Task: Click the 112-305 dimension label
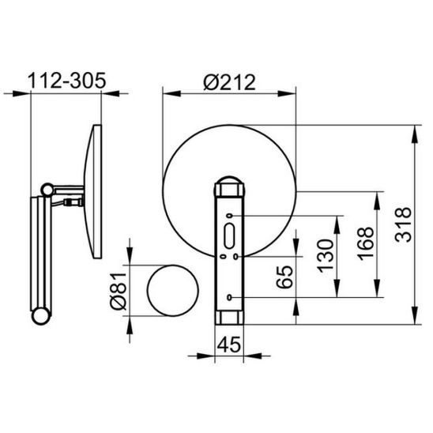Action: point(66,81)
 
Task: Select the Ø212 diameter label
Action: point(229,82)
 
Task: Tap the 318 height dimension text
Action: point(403,224)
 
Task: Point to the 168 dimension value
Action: point(365,243)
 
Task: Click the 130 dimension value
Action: point(325,256)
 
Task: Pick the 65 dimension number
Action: point(284,277)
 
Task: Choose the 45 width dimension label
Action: point(229,345)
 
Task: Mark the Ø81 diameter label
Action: point(119,291)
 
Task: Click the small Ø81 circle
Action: point(173,291)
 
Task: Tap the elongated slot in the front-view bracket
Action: point(229,236)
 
